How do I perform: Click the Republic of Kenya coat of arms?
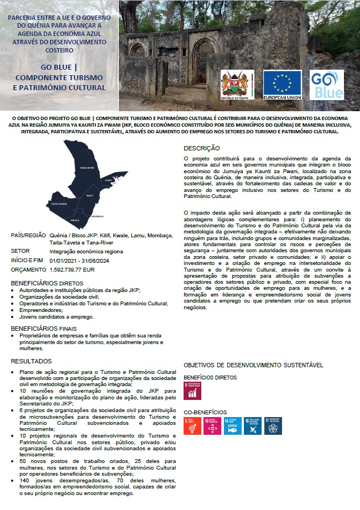click(x=237, y=85)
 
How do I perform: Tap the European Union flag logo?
click(x=282, y=85)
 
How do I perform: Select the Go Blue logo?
click(x=327, y=85)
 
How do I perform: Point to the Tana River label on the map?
click(x=87, y=167)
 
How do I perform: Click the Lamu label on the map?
click(x=108, y=180)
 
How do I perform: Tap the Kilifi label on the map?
click(x=90, y=196)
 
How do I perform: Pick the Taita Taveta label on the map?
click(x=59, y=204)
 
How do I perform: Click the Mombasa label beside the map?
click(x=97, y=216)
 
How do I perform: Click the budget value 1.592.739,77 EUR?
click(x=72, y=270)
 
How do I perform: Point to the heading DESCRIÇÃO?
click(x=202, y=148)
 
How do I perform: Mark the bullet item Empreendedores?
click(x=41, y=310)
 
